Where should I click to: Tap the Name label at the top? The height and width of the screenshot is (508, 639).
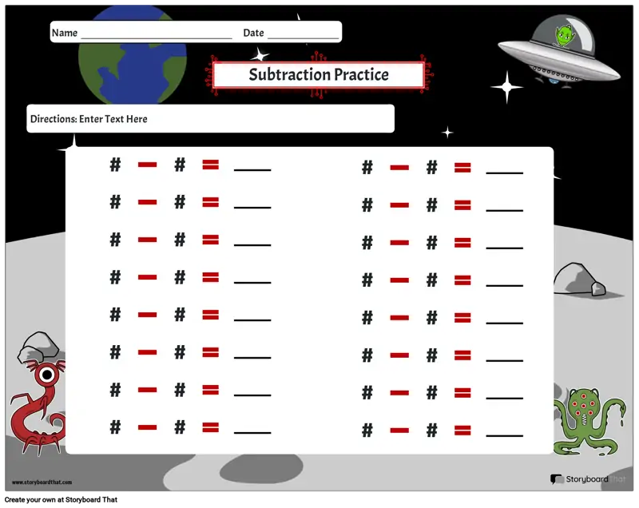click(x=65, y=33)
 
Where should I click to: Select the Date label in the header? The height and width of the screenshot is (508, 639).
click(x=253, y=33)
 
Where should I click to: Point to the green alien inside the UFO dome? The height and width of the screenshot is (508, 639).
click(x=565, y=35)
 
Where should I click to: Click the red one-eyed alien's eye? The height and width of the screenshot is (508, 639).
click(x=47, y=375)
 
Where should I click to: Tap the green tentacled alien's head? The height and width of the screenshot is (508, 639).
click(x=583, y=403)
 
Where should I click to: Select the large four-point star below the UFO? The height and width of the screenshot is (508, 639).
click(x=506, y=87)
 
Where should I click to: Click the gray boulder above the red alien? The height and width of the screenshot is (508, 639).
click(x=38, y=347)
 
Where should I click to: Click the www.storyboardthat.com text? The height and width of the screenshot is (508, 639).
click(x=42, y=482)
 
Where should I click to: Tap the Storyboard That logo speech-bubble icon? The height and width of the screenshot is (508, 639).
click(x=556, y=479)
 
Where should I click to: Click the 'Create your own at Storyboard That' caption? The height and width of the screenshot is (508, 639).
click(x=62, y=500)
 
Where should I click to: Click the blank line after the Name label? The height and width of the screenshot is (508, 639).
click(x=157, y=38)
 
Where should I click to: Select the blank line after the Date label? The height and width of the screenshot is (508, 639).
click(x=304, y=38)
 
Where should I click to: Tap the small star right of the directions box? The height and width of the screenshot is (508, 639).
click(x=447, y=133)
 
